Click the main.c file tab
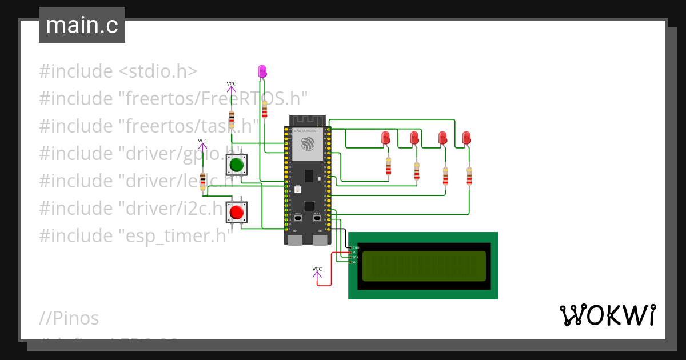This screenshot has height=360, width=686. pos(82,25)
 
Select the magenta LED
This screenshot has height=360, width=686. pos(262,71)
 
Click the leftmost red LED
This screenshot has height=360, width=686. pos(386,138)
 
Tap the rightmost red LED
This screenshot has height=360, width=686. pos(466,138)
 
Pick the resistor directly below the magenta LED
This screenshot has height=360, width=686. pos(264,109)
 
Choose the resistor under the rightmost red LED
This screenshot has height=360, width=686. pos(469,176)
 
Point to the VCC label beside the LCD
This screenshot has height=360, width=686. pos(317,269)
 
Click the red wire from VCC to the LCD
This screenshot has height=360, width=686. pos(332,269)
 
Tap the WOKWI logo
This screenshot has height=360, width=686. pos(607,315)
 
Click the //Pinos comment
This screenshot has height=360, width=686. pos(69,318)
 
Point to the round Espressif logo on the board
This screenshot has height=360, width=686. pos(308,143)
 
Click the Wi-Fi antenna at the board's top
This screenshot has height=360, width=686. pos(307,121)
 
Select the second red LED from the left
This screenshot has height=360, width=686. pos(414,138)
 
